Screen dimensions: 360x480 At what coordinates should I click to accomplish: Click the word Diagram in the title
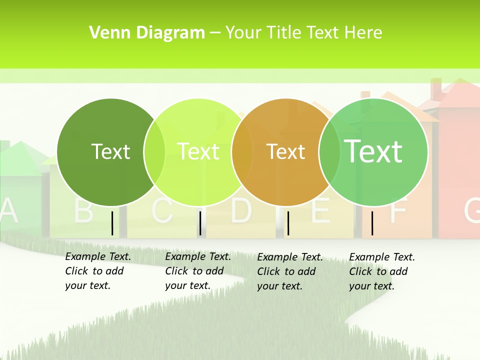(170, 32)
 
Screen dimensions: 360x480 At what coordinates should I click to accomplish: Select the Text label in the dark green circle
(110, 151)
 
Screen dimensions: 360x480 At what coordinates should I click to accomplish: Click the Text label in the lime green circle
(198, 151)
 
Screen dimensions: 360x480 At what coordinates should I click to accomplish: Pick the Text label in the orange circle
(285, 151)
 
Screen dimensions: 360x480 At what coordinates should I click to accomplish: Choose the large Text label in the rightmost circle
(373, 151)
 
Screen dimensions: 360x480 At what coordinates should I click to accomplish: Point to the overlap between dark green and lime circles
(154, 152)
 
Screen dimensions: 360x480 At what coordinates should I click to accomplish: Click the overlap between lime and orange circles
(242, 152)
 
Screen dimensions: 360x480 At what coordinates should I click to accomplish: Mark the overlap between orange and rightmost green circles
(329, 152)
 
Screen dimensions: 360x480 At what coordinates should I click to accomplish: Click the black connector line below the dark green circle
(112, 223)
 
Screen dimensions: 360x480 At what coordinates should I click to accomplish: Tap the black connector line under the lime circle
(200, 223)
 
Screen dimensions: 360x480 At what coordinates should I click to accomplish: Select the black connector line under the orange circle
(288, 223)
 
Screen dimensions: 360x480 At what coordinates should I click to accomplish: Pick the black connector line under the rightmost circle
(372, 223)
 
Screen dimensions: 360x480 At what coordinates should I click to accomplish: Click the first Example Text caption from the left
(98, 271)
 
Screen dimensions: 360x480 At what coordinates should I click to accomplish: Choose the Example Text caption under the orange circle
(290, 271)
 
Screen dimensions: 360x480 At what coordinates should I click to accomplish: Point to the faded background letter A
(8, 211)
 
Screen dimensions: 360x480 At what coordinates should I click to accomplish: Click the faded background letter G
(472, 210)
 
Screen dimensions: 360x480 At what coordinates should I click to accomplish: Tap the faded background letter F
(397, 210)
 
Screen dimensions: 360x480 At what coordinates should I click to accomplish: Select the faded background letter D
(241, 210)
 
